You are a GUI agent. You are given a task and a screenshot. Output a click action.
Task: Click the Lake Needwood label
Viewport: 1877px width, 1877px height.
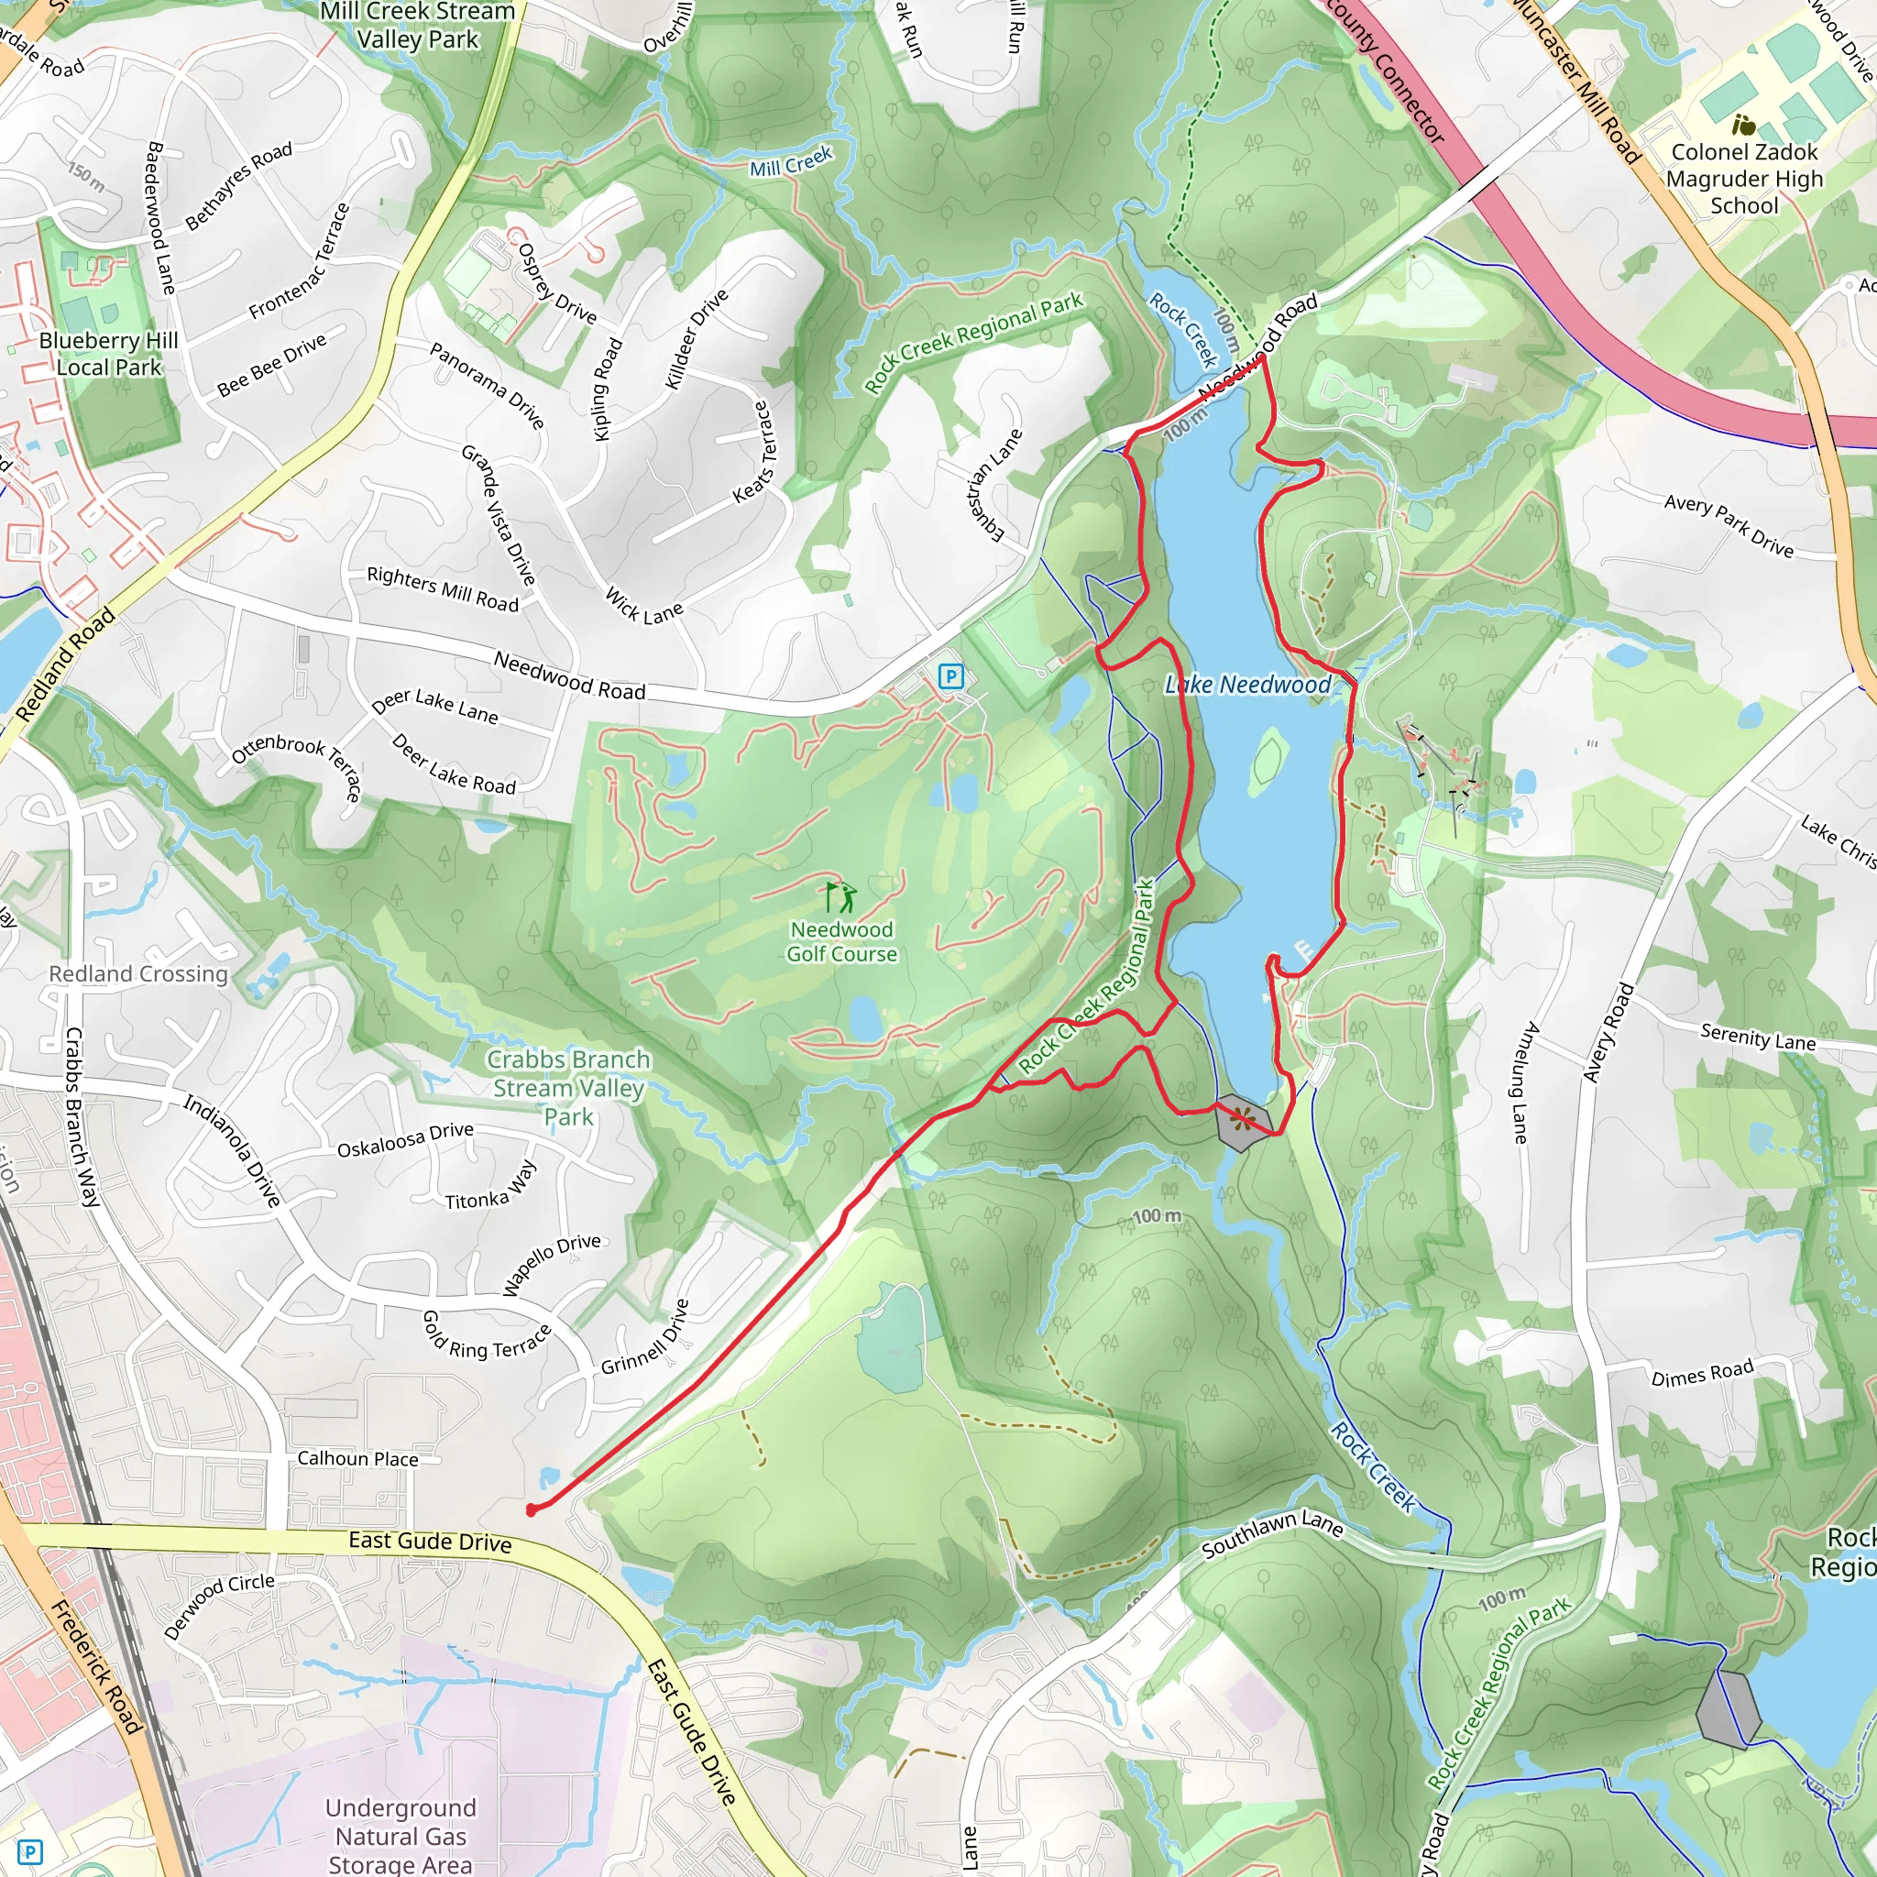click(1247, 685)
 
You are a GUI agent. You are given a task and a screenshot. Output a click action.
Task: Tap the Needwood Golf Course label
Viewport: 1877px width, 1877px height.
click(841, 941)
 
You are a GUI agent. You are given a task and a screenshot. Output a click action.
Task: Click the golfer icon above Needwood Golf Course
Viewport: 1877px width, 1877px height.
click(840, 895)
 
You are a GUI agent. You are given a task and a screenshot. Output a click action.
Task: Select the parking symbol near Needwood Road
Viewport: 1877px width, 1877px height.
click(951, 676)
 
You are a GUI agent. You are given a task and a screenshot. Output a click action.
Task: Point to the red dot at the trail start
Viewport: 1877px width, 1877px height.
click(531, 1509)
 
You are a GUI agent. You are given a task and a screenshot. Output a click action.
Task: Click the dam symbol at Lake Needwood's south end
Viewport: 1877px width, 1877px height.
click(1243, 1122)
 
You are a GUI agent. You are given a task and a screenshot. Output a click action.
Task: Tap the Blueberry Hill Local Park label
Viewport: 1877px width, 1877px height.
click(109, 354)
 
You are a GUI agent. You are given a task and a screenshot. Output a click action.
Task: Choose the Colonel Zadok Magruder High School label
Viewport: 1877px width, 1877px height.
click(1744, 179)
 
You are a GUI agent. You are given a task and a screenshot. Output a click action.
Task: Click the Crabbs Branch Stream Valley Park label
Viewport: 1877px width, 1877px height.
click(568, 1087)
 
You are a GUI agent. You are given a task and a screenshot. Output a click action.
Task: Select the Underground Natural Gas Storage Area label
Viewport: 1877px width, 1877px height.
click(401, 1835)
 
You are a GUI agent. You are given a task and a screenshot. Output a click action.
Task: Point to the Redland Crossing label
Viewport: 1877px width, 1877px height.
click(139, 973)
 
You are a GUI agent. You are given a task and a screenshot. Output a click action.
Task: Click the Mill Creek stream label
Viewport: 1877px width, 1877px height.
click(791, 162)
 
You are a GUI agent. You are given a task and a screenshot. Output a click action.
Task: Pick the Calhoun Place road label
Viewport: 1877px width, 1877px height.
click(357, 1459)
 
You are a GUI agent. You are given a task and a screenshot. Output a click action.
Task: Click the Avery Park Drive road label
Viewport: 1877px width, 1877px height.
click(1729, 525)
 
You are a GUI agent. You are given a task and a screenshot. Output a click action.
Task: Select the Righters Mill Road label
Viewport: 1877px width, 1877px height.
click(443, 589)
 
